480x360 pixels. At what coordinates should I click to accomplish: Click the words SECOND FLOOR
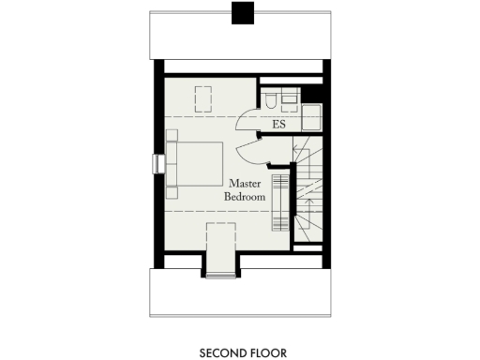point(242,353)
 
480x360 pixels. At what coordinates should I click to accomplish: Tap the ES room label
point(278,124)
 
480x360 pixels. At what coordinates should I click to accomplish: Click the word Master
point(244,184)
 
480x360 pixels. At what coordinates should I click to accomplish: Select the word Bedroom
point(244,198)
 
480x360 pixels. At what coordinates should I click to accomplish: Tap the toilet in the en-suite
point(269,98)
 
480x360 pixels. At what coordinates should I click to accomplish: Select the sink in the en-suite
point(289,97)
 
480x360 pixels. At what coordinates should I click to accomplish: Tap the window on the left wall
point(156,163)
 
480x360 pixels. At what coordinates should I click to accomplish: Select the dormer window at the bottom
point(221,274)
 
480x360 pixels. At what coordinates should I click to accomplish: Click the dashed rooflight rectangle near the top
point(202,97)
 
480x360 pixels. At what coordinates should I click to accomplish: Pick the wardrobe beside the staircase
point(279,200)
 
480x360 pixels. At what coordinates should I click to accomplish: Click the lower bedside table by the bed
point(172,192)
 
